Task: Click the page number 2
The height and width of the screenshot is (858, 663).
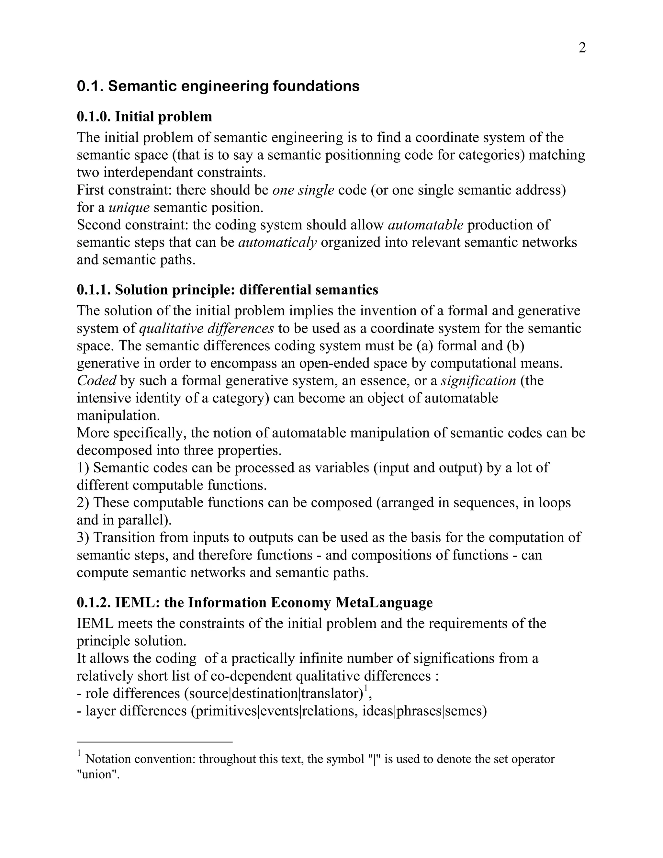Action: [x=582, y=48]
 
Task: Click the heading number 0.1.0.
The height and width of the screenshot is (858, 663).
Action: [x=94, y=117]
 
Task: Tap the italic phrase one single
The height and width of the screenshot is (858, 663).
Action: [x=303, y=190]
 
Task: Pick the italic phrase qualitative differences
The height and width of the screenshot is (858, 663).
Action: [x=207, y=328]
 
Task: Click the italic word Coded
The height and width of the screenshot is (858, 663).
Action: [x=96, y=380]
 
